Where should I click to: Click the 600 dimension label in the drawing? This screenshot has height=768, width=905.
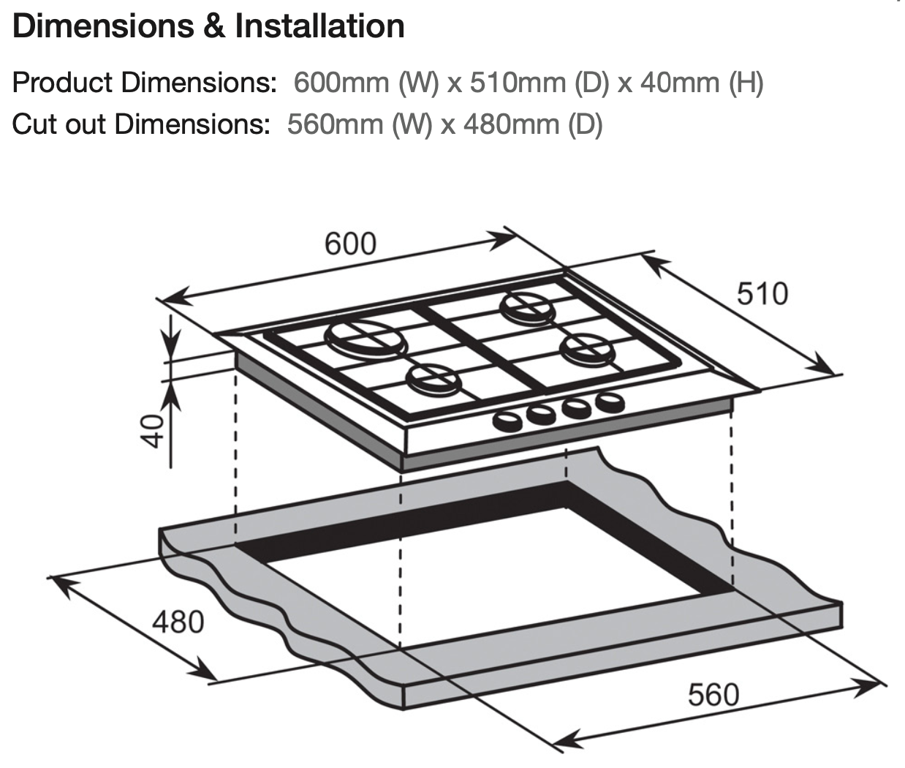pos(350,244)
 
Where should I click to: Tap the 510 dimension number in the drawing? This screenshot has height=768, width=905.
pos(762,293)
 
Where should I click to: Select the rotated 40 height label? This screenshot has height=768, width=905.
pos(151,431)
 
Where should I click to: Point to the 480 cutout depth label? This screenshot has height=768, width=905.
pos(178,622)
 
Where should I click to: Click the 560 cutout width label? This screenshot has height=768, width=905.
pos(713,693)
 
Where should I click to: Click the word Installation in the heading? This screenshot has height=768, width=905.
pos(319,26)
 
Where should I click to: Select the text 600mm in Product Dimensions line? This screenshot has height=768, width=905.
pos(341,83)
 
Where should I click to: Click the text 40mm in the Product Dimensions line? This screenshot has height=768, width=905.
pos(680,83)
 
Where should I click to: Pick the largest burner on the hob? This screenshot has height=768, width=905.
pos(363,338)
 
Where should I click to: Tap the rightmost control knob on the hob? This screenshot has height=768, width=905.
pos(610,401)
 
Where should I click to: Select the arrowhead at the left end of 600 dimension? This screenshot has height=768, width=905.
pos(167,298)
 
